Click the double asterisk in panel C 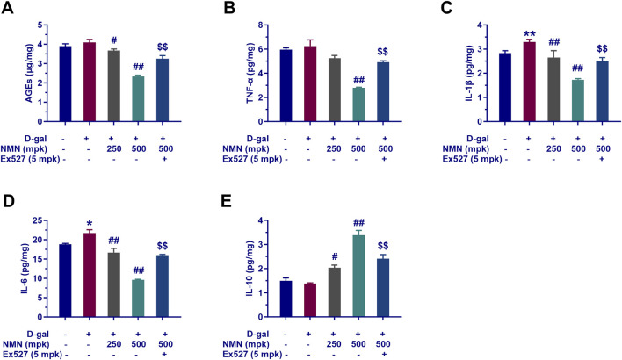tap(527, 32)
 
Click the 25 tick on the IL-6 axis tap(35, 220)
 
